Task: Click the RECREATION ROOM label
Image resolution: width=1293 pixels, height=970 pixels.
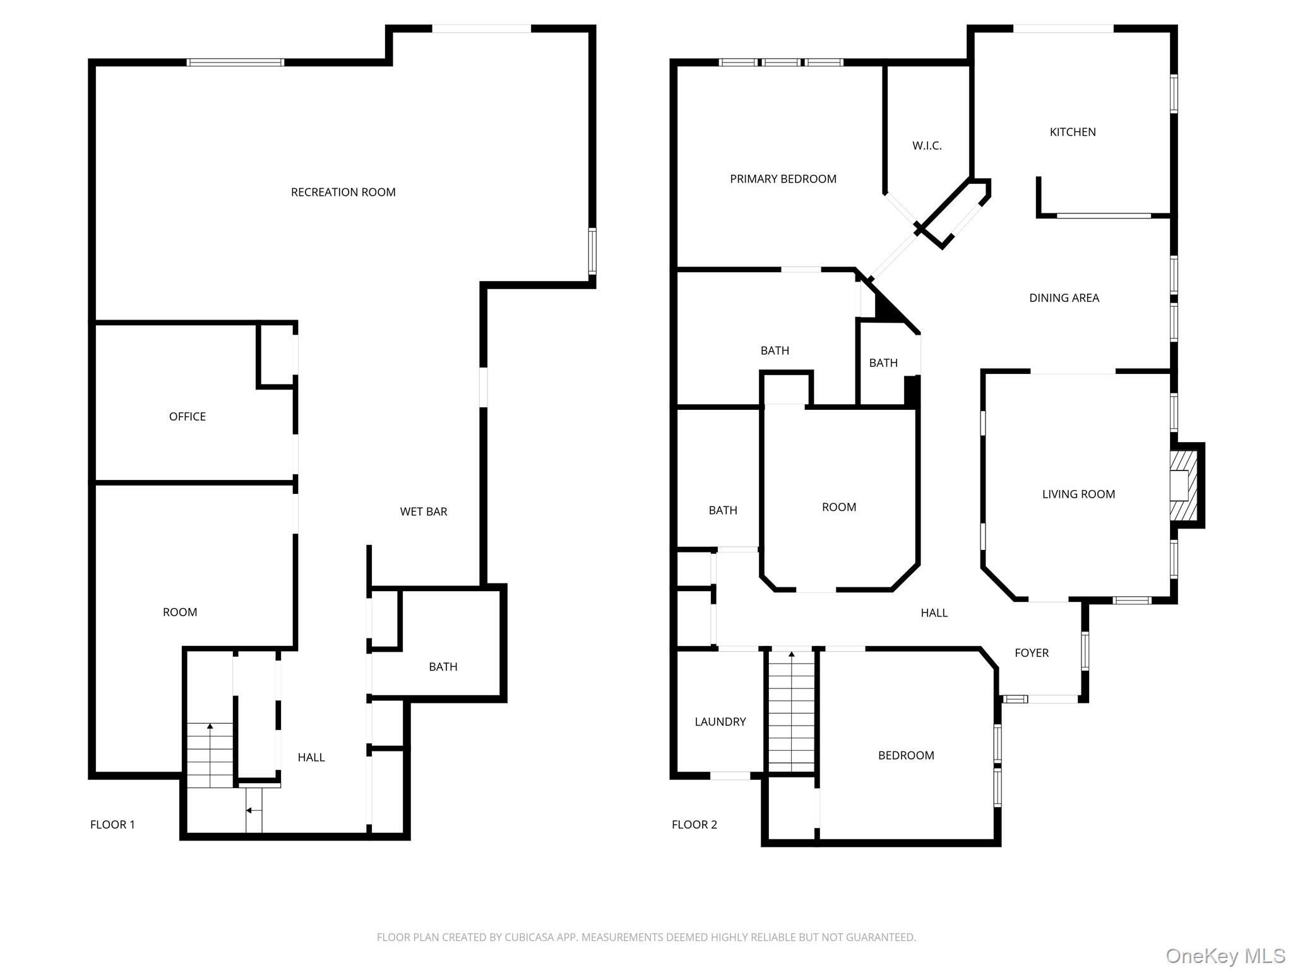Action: [x=343, y=192]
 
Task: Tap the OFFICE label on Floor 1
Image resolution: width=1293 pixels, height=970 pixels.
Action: [x=188, y=416]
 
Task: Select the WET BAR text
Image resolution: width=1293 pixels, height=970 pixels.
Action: [x=424, y=512]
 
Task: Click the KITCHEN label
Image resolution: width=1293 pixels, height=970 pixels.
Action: [x=1073, y=132]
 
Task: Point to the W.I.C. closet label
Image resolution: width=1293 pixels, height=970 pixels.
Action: [x=927, y=146]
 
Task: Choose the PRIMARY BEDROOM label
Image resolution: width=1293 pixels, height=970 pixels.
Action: [x=783, y=179]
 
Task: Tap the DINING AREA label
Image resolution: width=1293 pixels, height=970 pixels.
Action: [x=1064, y=297]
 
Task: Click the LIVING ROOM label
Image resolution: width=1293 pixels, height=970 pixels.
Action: [x=1078, y=494]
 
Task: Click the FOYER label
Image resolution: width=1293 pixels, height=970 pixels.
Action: [x=1032, y=653]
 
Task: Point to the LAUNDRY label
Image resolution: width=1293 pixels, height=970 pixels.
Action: [x=720, y=721]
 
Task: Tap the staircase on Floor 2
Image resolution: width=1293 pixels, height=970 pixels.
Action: [x=792, y=714]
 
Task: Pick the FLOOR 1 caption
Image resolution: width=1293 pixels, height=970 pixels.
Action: [x=112, y=824]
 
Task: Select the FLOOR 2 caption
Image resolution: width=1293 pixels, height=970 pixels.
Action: [x=694, y=824]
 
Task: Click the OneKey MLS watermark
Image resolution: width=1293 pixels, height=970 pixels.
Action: [x=1225, y=955]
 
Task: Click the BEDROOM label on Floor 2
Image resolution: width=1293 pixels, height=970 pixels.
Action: [x=906, y=755]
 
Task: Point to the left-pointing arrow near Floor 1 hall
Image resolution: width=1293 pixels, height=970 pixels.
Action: [x=253, y=810]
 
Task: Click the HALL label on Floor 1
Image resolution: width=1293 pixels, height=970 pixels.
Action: [x=311, y=757]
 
